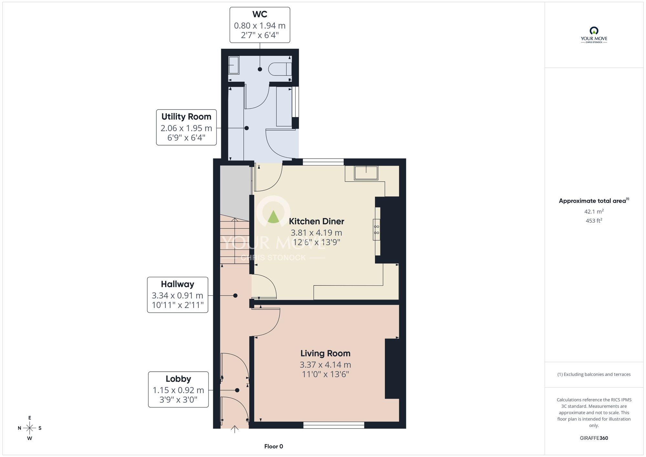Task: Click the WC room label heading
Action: [260, 14]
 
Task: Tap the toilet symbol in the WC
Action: [280, 69]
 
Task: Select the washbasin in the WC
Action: [234, 65]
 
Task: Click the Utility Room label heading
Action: [186, 116]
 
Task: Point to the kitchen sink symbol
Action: [366, 173]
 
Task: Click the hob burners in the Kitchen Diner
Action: [377, 229]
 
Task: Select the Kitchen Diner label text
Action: [317, 221]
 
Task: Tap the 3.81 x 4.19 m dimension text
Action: [317, 233]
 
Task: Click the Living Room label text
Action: [325, 353]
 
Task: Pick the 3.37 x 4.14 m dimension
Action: [325, 365]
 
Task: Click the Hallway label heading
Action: [178, 284]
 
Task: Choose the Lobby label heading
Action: [178, 379]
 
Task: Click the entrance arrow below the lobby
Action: [234, 429]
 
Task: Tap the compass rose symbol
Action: [30, 428]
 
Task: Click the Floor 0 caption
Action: [274, 446]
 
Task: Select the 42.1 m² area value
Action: [594, 211]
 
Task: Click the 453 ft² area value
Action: [594, 220]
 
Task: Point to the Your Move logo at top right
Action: [594, 35]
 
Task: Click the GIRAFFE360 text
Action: [594, 438]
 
